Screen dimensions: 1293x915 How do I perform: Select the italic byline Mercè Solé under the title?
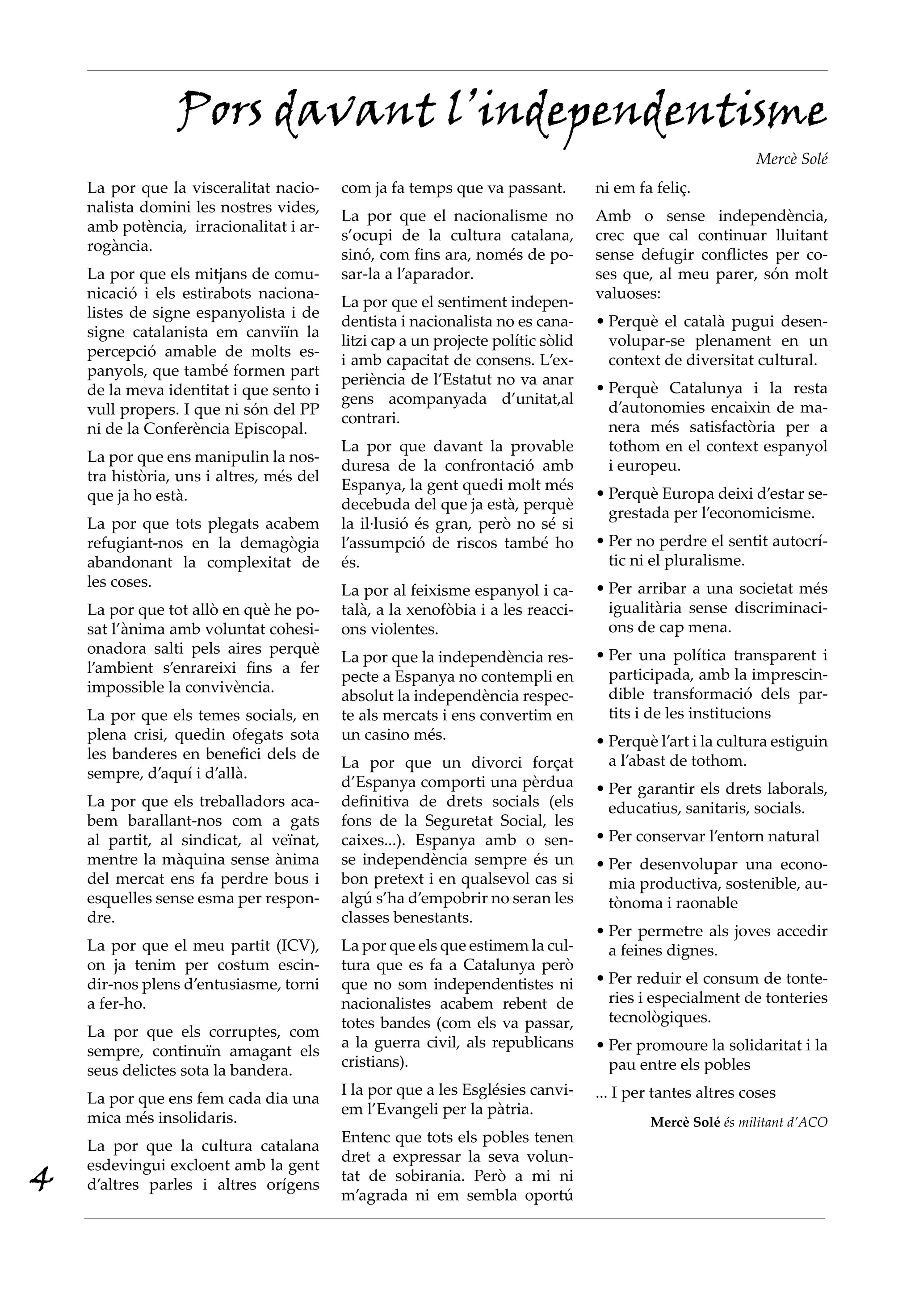791,159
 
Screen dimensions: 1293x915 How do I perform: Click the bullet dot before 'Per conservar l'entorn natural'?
600,836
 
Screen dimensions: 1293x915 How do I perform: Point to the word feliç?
670,188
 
